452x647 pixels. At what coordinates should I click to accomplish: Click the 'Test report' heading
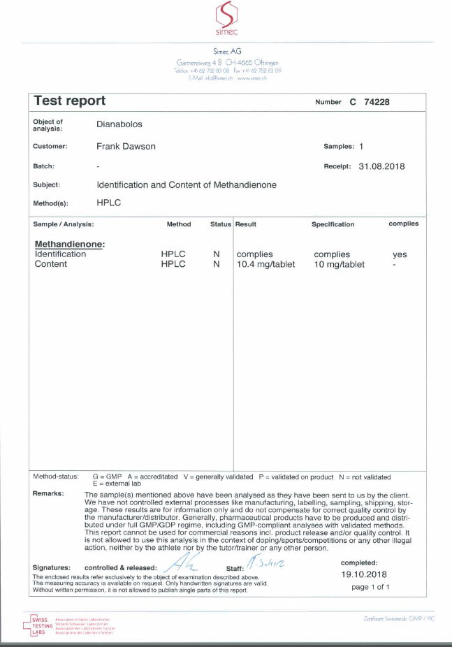pos(70,101)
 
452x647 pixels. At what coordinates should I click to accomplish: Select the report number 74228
pos(375,102)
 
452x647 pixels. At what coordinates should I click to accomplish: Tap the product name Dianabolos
pos(119,124)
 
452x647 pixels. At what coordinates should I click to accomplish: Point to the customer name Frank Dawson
pos(126,147)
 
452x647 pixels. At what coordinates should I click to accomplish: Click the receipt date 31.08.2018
pos(381,166)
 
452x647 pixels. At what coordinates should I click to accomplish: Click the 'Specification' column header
pos(333,224)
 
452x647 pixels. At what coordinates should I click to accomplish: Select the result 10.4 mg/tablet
pos(265,264)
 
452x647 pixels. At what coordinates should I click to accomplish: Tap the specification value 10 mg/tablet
pos(340,264)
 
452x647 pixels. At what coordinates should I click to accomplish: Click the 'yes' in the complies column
pos(400,254)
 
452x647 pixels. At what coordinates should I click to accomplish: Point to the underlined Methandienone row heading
pos(69,245)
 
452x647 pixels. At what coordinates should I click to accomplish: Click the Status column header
pos(220,224)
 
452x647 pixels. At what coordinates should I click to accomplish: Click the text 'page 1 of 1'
pos(370,587)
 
